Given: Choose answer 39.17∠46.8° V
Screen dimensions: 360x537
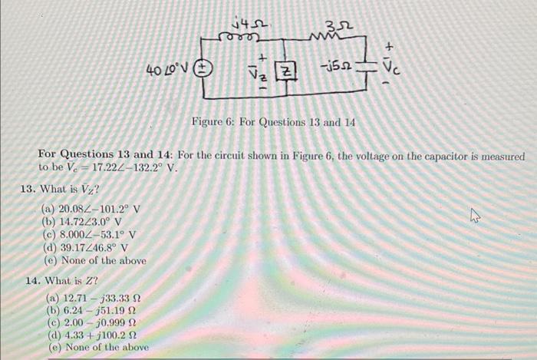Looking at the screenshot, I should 91,247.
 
